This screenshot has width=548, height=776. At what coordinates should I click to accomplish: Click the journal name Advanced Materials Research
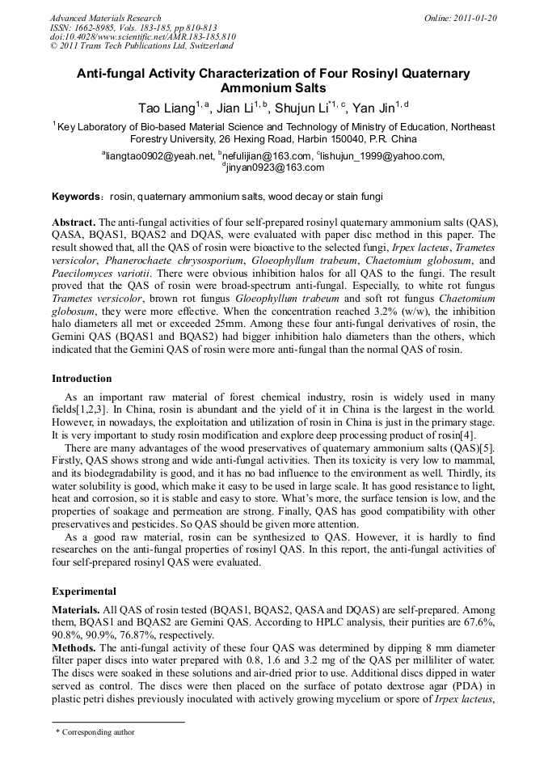tap(105, 18)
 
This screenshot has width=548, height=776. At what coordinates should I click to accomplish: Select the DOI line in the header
tap(142, 37)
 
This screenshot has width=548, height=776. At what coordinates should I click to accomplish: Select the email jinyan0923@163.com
tap(276, 167)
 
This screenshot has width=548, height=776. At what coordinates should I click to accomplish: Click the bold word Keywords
tap(76, 197)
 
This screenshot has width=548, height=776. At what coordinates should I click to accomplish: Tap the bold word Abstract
tap(74, 223)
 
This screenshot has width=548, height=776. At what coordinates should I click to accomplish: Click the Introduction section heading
tap(82, 378)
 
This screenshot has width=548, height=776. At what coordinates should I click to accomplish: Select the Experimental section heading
tap(83, 592)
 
